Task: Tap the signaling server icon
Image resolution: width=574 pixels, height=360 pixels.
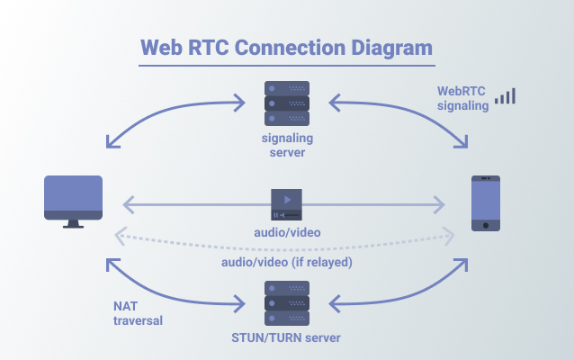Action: pyautogui.click(x=287, y=104)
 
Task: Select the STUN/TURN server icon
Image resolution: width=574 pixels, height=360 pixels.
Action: pyautogui.click(x=287, y=304)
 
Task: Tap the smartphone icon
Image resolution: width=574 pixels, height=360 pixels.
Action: pyautogui.click(x=486, y=203)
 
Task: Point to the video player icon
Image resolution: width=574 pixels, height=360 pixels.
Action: pyautogui.click(x=287, y=204)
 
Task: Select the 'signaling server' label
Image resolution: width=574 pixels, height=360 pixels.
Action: pyautogui.click(x=287, y=146)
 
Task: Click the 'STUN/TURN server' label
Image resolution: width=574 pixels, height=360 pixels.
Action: pyautogui.click(x=287, y=338)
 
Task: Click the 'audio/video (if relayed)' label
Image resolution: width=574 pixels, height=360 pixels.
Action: pyautogui.click(x=287, y=262)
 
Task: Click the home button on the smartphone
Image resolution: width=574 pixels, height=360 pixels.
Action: pyautogui.click(x=486, y=225)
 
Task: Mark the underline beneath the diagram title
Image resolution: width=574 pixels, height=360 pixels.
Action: pyautogui.click(x=287, y=66)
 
